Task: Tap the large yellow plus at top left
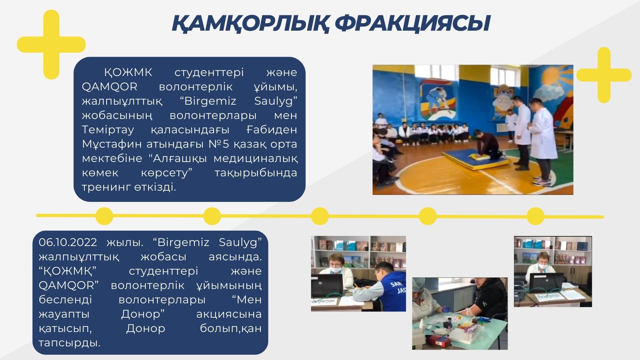pos(51,44)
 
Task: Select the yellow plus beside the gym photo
pos(604,75)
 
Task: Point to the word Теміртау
pos(108,129)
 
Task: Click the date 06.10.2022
pos(68,242)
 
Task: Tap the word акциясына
pos(229,314)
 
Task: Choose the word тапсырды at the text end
pos(69,343)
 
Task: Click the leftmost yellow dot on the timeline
pos(104,216)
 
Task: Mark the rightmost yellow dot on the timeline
pos(535,216)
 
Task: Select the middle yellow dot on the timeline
pos(320,216)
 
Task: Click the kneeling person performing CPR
pos(485,145)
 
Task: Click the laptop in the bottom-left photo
pos(327,286)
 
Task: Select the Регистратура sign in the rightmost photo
pos(548,296)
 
